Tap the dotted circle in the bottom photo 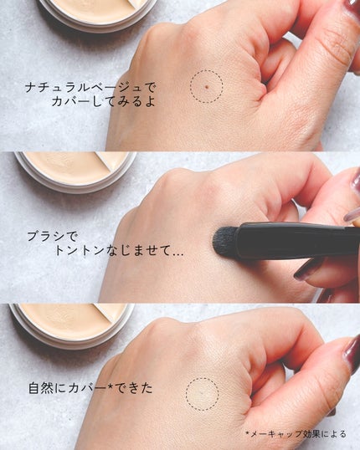pyautogui.click(x=202, y=392)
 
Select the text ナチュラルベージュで pyautogui.click(x=80, y=85)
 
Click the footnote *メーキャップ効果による pyautogui.click(x=298, y=433)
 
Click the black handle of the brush pyautogui.click(x=293, y=240)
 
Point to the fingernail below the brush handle pyautogui.click(x=309, y=268)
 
